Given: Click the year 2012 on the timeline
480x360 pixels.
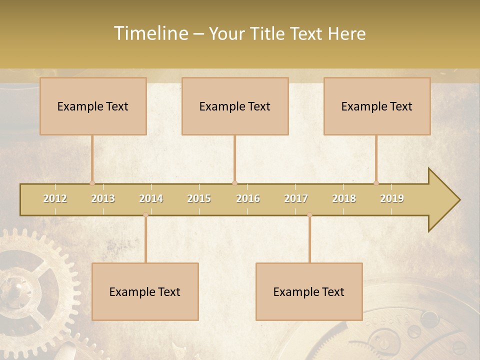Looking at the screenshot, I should (55, 198).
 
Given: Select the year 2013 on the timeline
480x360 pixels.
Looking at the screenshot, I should (103, 198).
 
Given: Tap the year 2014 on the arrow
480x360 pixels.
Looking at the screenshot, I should (151, 198).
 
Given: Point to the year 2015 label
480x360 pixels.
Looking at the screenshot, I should (199, 198).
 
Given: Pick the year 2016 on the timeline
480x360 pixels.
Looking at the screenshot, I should (248, 198).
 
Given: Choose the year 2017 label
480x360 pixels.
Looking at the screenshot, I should (296, 198).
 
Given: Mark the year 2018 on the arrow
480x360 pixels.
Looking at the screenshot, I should (344, 198).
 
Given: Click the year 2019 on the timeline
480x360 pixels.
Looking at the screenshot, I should (392, 198).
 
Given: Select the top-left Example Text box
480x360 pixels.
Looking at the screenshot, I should (93, 106).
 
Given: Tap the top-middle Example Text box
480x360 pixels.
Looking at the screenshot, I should (235, 106).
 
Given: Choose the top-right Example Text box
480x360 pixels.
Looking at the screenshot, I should (377, 106).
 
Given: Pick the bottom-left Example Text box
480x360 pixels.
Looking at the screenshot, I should (145, 291).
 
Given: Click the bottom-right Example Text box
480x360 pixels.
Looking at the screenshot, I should (309, 291).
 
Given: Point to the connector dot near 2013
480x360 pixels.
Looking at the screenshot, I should (92, 183).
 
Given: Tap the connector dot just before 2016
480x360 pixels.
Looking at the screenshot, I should (234, 183).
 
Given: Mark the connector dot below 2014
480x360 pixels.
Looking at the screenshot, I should (145, 215).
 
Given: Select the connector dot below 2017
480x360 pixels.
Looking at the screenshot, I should (309, 215).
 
